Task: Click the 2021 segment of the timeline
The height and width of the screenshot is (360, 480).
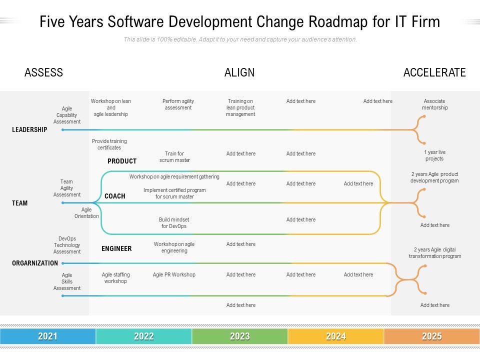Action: point(48,336)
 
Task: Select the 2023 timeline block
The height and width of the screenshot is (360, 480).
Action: point(240,336)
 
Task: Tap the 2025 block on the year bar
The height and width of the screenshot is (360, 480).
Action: point(432,336)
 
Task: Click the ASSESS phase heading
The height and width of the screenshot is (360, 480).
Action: point(44,72)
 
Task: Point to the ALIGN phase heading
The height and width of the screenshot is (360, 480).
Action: point(239,72)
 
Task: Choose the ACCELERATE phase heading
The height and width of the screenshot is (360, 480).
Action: point(434,72)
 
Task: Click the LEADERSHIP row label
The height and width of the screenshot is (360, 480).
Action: point(29,129)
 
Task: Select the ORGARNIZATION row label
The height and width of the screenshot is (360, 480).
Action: point(35,263)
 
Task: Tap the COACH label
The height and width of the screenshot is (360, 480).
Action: point(115,196)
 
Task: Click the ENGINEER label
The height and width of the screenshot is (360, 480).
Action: point(116,248)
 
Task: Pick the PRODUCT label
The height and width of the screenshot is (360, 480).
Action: point(122,161)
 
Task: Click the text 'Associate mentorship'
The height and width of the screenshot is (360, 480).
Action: point(434,104)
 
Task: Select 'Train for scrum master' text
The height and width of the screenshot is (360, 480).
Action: point(174,157)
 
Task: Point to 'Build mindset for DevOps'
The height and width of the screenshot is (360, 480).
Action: point(174,223)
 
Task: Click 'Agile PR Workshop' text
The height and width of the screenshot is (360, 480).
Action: point(174,274)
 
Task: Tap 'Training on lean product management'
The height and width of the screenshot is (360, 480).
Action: point(240,107)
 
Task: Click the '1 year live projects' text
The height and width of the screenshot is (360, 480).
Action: point(434,155)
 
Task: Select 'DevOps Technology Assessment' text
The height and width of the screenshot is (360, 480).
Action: point(67,245)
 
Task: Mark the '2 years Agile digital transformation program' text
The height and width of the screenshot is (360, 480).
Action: point(434,253)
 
